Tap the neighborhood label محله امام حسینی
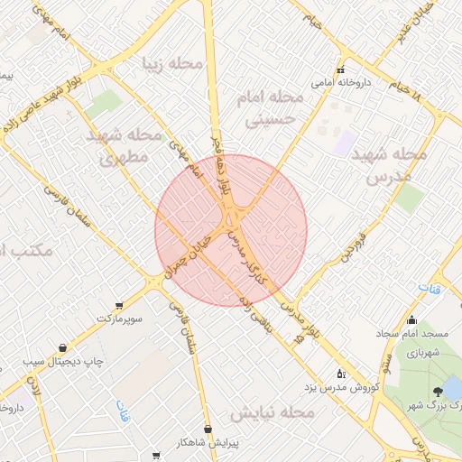click(263, 106)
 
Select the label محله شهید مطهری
click(126, 147)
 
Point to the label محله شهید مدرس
click(389, 164)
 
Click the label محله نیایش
click(271, 412)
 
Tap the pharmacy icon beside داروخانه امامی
click(340, 70)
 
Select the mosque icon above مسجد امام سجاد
click(412, 319)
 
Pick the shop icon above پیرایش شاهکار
click(209, 428)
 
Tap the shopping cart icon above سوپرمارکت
click(120, 307)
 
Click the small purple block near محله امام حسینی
click(346, 142)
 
